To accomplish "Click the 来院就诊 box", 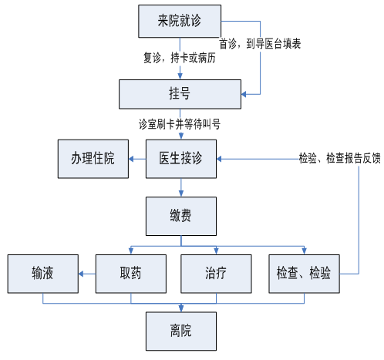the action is [x=180, y=21].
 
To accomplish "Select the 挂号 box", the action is [x=180, y=94].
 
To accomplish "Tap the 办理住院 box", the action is [x=93, y=159].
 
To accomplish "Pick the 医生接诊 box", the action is [x=181, y=159].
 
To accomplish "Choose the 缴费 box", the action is [x=181, y=216].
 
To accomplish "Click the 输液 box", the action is [x=43, y=274].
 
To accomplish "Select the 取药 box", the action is [x=131, y=274].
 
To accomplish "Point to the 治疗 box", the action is [x=216, y=274].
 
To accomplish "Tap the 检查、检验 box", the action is [x=304, y=274].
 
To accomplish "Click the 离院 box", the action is [x=181, y=331].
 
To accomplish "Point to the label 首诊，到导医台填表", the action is [x=260, y=44].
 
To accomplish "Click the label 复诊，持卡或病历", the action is [x=180, y=58].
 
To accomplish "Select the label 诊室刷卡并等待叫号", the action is [x=180, y=124].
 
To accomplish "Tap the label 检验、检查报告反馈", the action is [x=340, y=158].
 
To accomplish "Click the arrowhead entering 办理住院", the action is [x=131, y=159].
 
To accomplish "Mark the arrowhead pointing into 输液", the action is [x=81, y=274].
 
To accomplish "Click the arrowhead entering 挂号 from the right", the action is [x=244, y=94].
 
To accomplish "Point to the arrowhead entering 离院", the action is [x=181, y=308].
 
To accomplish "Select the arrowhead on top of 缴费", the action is [x=181, y=193].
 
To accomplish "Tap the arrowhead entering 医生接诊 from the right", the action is [x=219, y=159].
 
